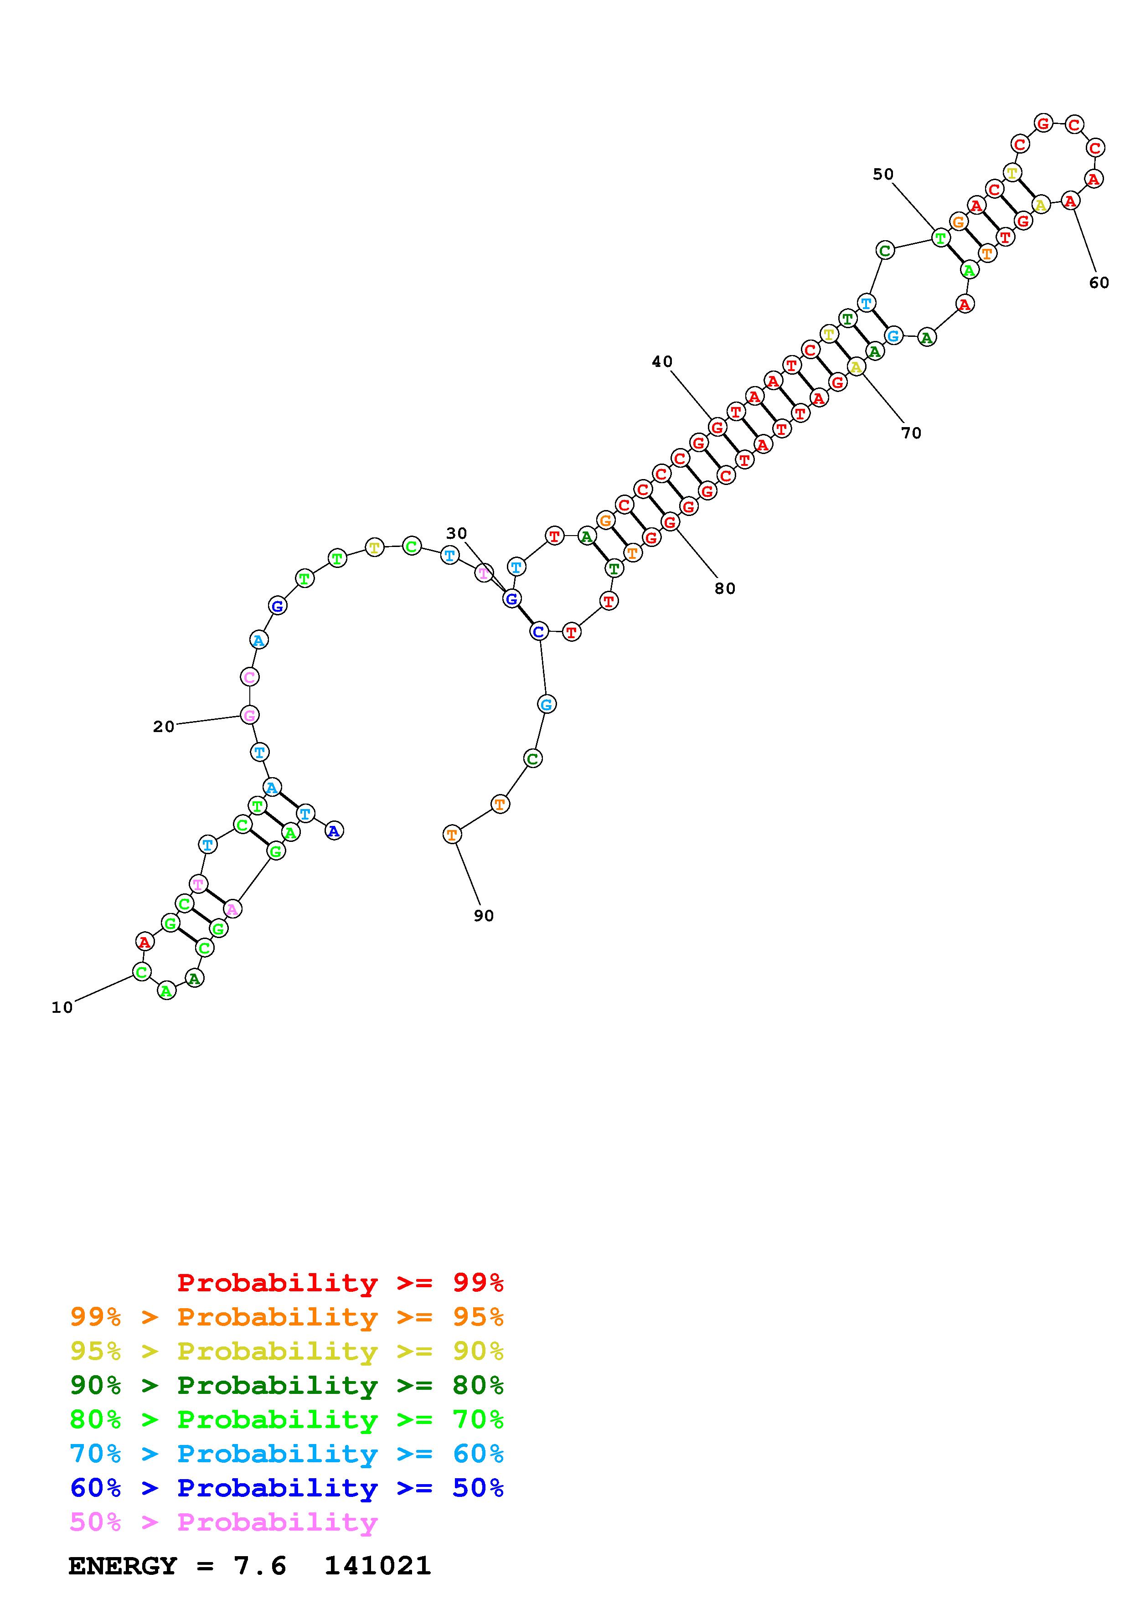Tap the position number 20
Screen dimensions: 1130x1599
click(x=164, y=727)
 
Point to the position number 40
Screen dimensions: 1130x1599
click(x=662, y=361)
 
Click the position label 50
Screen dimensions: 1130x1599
click(x=883, y=174)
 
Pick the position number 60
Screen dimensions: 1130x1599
click(x=1099, y=283)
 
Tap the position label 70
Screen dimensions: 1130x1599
click(x=911, y=433)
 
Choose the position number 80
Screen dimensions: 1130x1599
click(x=725, y=588)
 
